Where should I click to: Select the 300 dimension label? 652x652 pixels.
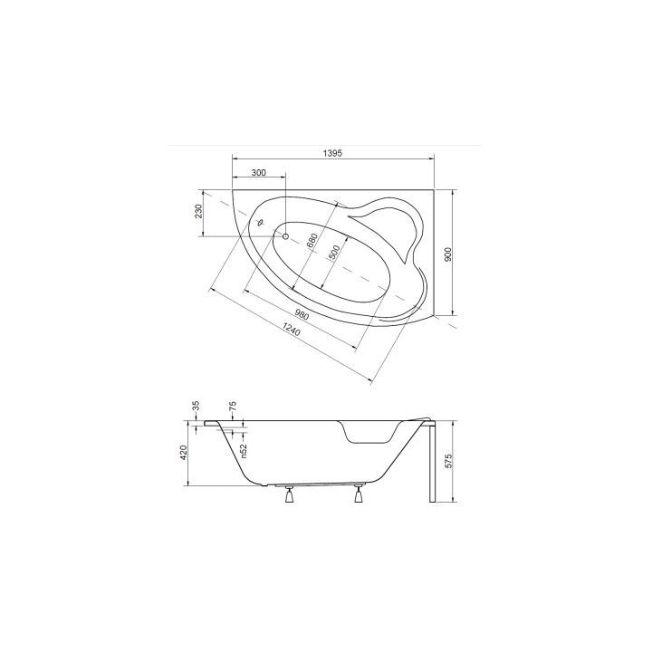coord(259,173)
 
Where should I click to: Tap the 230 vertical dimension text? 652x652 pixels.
coord(198,212)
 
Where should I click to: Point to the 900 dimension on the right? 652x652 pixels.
coord(447,254)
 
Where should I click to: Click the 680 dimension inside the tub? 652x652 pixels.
coord(312,243)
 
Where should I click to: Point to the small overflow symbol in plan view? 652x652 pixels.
coord(260,221)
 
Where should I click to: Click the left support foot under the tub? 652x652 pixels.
coord(290,494)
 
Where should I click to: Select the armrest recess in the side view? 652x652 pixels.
coord(371,433)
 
